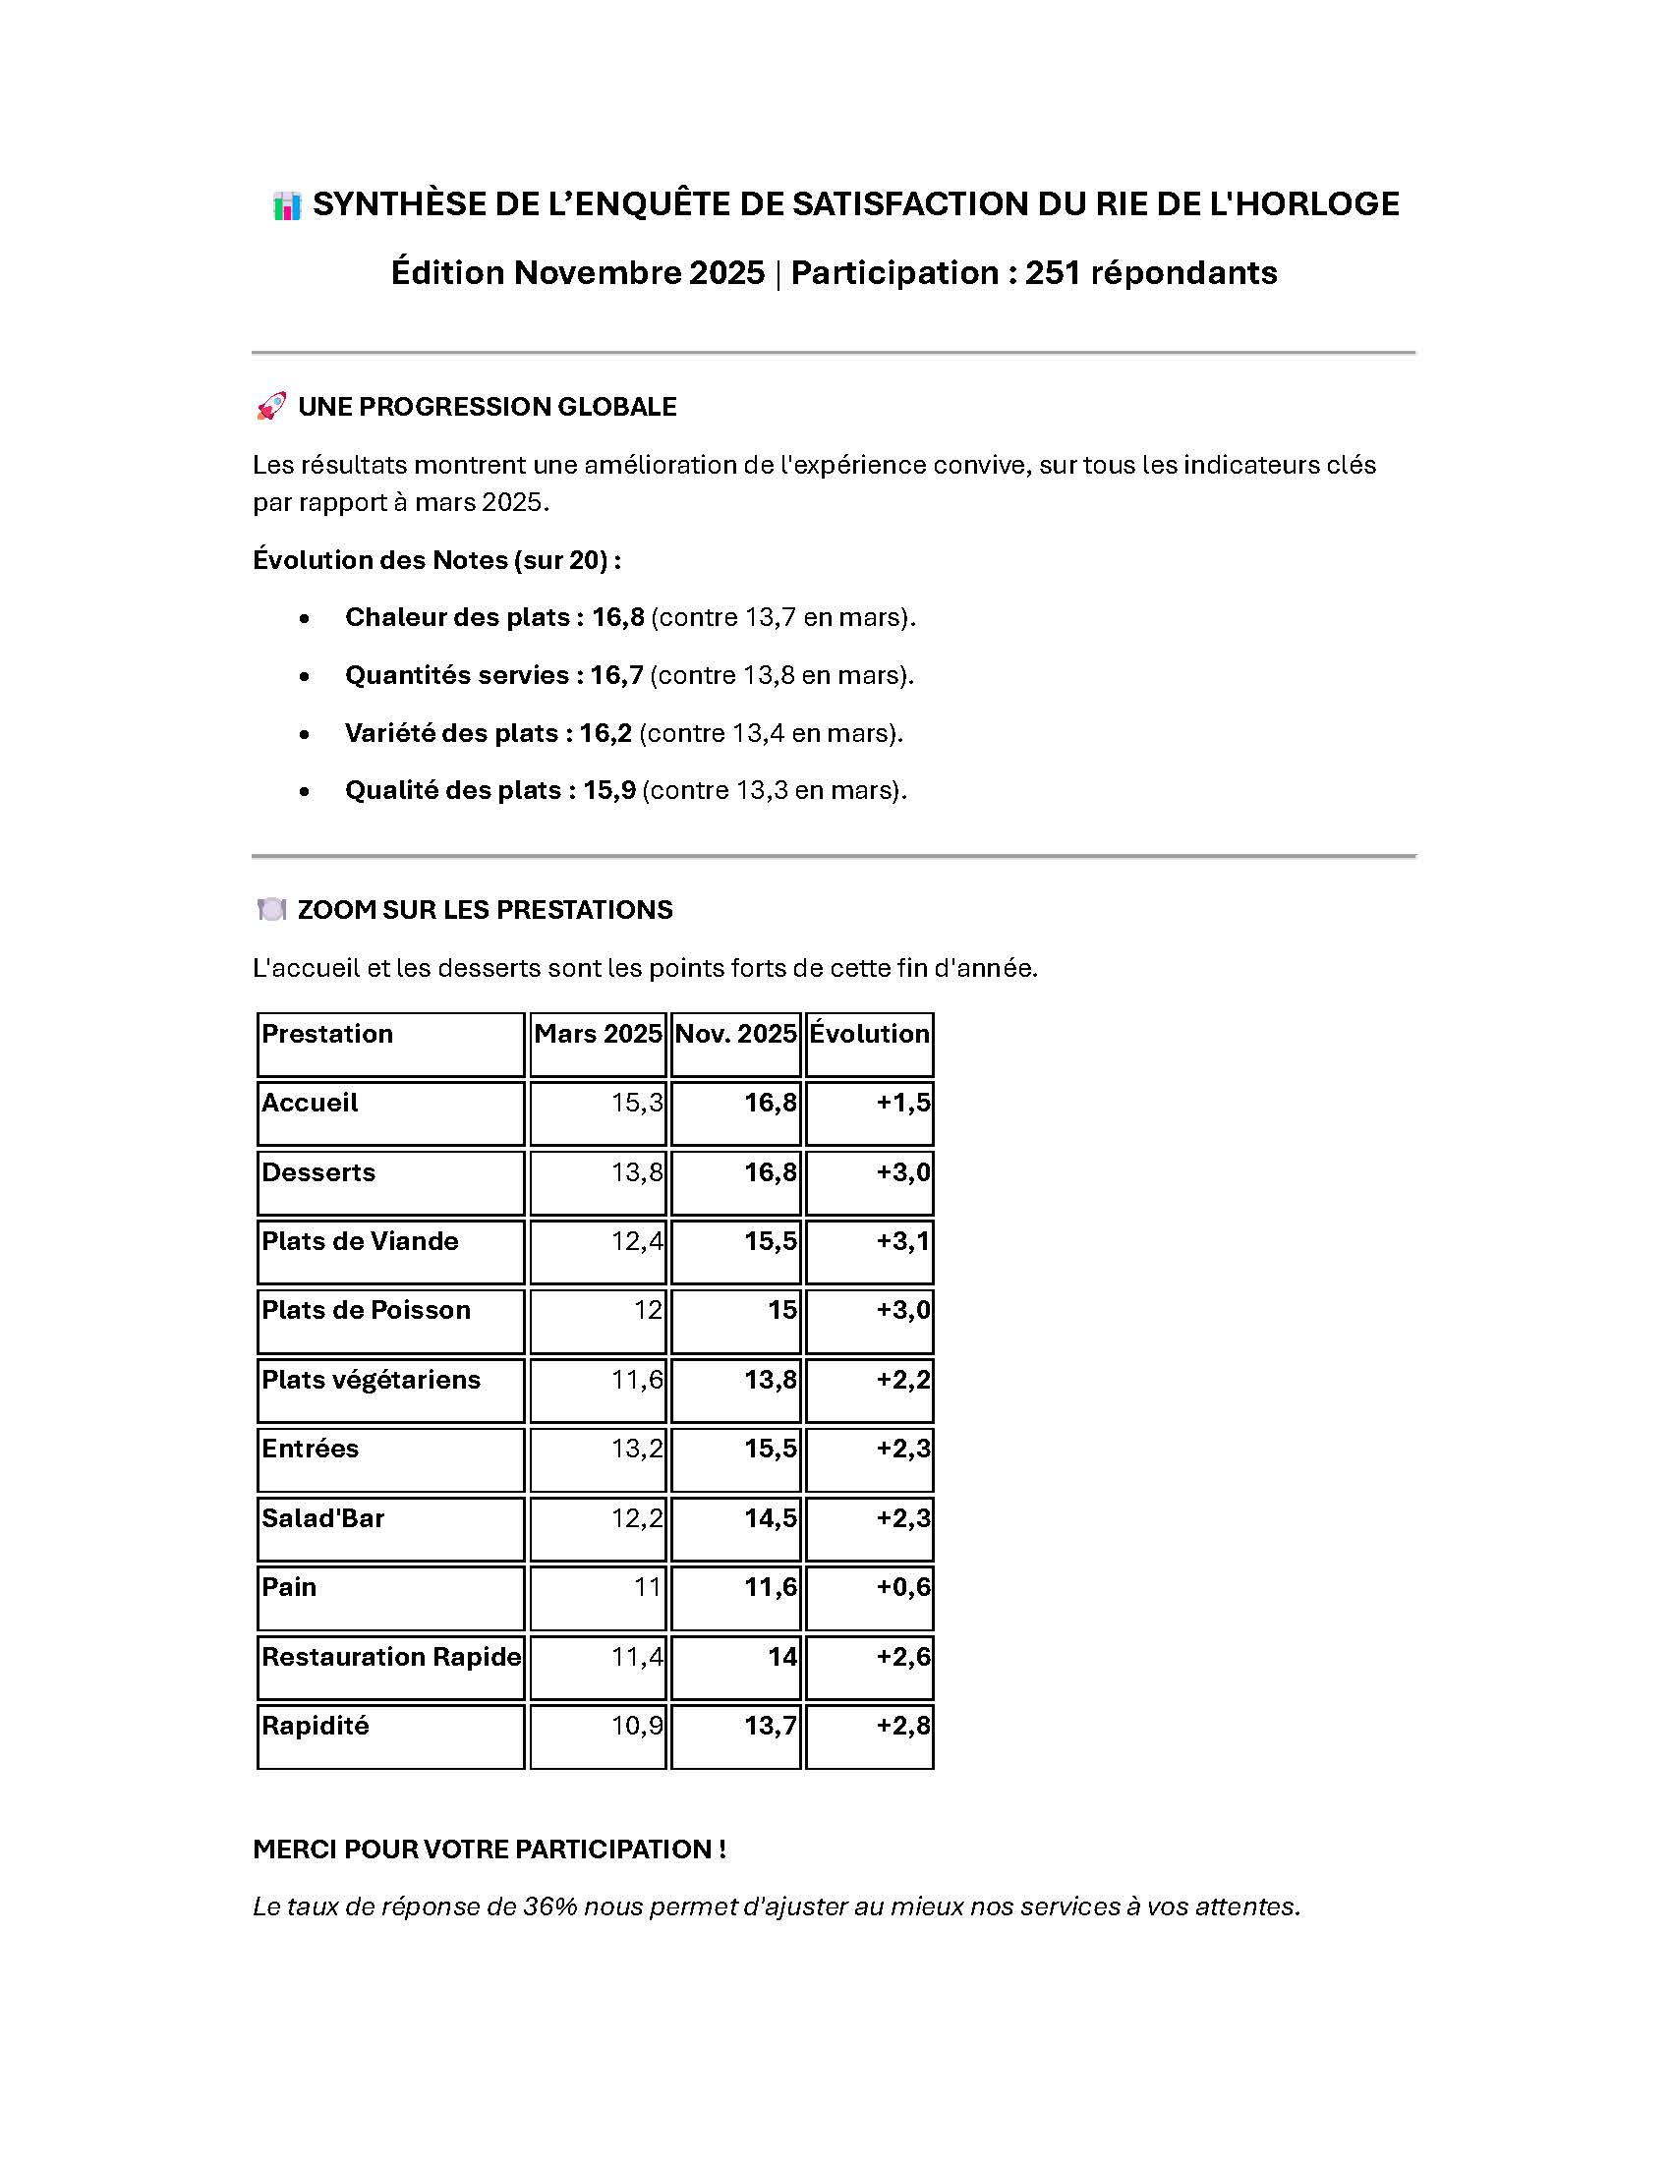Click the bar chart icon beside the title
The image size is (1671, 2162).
coord(286,206)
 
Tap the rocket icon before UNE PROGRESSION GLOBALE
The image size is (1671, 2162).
coord(270,407)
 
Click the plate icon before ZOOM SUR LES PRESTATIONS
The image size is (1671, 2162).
coord(270,910)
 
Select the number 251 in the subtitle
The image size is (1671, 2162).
coord(1053,272)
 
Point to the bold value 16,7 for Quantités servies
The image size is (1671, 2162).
coord(616,675)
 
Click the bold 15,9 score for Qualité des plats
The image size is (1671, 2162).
coord(608,790)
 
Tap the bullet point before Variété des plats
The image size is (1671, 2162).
coord(304,733)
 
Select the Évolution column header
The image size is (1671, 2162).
coord(869,1034)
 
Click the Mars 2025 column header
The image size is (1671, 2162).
coord(597,1034)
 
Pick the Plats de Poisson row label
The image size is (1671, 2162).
coord(366,1310)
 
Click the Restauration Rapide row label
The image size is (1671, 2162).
coord(391,1656)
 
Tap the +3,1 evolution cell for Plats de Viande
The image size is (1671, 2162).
coord(902,1241)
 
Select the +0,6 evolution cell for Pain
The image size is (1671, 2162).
coord(902,1587)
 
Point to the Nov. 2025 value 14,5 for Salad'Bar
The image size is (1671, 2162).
coord(771,1517)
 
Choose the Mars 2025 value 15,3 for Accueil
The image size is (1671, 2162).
coord(637,1103)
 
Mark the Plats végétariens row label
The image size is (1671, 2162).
coord(371,1379)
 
